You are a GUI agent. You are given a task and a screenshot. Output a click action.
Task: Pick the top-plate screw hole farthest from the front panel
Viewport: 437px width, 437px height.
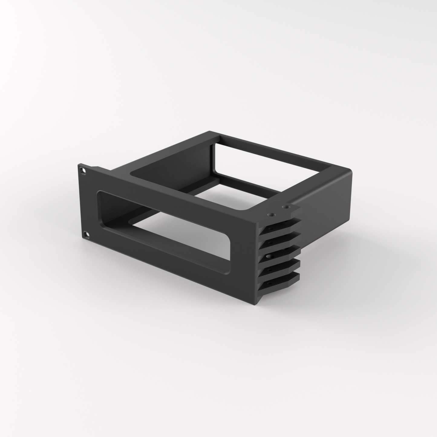click(285, 207)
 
